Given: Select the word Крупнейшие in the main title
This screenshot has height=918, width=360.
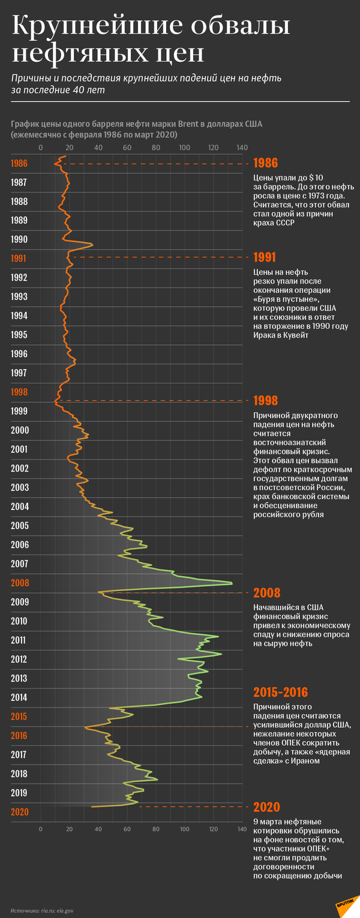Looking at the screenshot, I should point(92,27).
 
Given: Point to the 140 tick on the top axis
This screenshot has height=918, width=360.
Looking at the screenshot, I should point(242,148).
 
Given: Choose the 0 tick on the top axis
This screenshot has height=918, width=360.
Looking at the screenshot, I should point(41,148).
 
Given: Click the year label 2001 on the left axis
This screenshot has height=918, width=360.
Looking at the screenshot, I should point(19,449).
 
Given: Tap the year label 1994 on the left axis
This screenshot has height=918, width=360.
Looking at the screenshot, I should point(19,316).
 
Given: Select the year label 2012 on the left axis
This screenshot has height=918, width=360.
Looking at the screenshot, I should point(19,659).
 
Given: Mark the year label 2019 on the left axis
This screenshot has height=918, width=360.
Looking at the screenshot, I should point(19,793).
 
